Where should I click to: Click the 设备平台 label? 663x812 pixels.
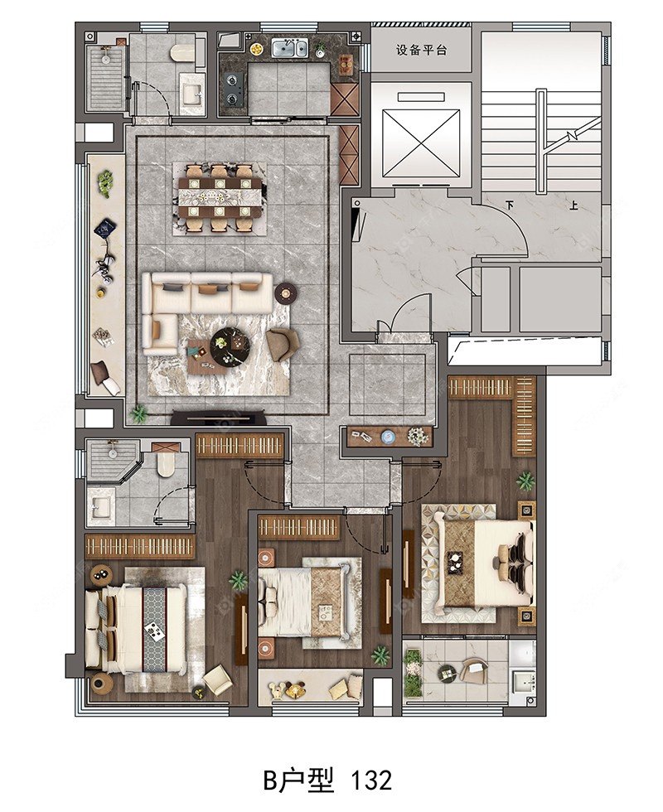coord(422,51)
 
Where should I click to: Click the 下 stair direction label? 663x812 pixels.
coord(511,205)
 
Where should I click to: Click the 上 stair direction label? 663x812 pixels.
coord(573,205)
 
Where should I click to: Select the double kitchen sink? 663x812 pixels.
coord(290,49)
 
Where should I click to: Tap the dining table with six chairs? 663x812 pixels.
coord(220,197)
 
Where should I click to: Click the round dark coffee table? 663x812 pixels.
coord(230,344)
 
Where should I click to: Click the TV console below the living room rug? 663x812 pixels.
coord(219,416)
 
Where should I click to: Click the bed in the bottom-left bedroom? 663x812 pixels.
coord(136,626)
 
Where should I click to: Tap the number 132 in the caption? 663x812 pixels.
coord(371,780)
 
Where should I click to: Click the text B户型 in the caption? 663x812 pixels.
coord(299,780)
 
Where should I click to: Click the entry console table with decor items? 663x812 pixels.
coord(390,437)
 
